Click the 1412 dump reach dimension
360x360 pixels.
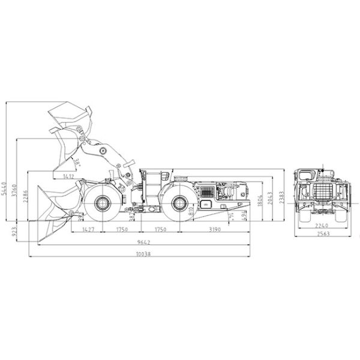point(68,176)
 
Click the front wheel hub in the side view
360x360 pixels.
point(101,205)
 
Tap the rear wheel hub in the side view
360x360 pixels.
point(178,205)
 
